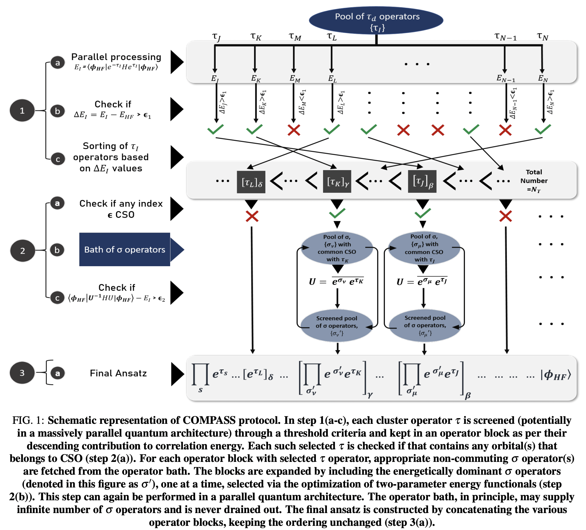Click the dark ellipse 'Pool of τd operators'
[376, 20]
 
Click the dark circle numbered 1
[22, 111]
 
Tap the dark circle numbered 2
[23, 251]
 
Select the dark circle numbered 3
[22, 373]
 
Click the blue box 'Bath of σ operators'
[125, 249]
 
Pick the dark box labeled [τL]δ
[251, 182]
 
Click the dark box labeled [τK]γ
[337, 181]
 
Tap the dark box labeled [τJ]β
[422, 181]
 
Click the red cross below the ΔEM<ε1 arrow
[294, 130]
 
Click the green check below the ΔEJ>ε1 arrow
[215, 129]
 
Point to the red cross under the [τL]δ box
[252, 216]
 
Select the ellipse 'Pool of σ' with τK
[337, 248]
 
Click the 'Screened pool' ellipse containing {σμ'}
[425, 326]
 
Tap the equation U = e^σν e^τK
[337, 281]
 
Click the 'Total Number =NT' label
[534, 181]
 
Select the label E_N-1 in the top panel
[505, 79]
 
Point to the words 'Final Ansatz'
[118, 373]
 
